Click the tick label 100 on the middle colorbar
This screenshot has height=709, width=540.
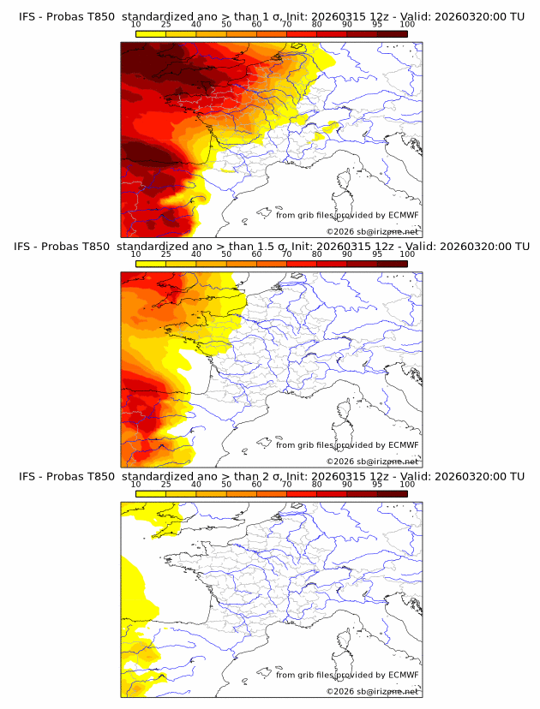[407, 254]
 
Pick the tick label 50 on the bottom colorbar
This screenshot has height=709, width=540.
[226, 485]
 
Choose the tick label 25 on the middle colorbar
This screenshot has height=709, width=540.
[165, 254]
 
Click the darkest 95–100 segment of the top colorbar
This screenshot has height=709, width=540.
[392, 33]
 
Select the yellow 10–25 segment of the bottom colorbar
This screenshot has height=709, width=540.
[151, 495]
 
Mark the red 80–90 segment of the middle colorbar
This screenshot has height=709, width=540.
[332, 264]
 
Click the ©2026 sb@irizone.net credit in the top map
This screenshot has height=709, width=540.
[373, 231]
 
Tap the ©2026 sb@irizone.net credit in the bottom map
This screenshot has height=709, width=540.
[373, 691]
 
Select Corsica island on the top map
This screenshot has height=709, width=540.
[346, 181]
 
